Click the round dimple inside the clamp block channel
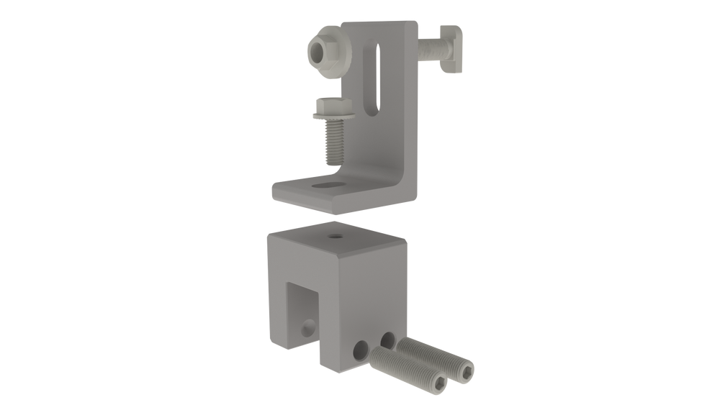(x=307, y=328)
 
